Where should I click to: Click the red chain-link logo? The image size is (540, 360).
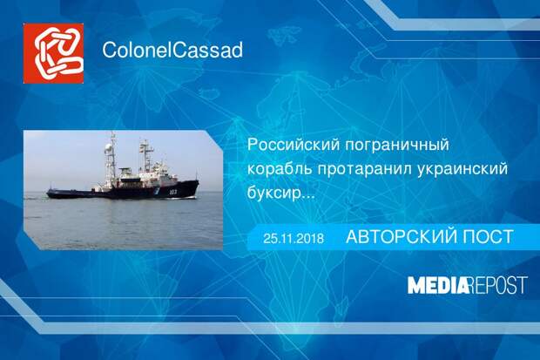click(53, 53)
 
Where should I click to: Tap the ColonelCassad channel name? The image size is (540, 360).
click(172, 50)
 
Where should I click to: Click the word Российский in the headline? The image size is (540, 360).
click(294, 145)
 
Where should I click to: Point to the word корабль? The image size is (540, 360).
click(279, 169)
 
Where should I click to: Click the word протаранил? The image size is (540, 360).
click(364, 170)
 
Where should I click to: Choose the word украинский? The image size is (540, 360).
click(462, 170)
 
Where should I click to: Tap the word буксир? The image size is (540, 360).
click(273, 194)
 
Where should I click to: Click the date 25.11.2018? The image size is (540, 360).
click(294, 239)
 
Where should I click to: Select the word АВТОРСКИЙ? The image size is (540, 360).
click(401, 237)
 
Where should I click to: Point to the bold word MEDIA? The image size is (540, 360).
click(438, 286)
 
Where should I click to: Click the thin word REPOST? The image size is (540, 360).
click(498, 286)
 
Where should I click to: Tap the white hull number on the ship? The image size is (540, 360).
click(172, 192)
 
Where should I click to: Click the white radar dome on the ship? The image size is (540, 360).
click(109, 148)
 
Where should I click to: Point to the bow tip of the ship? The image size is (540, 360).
click(199, 180)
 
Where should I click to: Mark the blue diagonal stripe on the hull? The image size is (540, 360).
click(157, 191)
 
